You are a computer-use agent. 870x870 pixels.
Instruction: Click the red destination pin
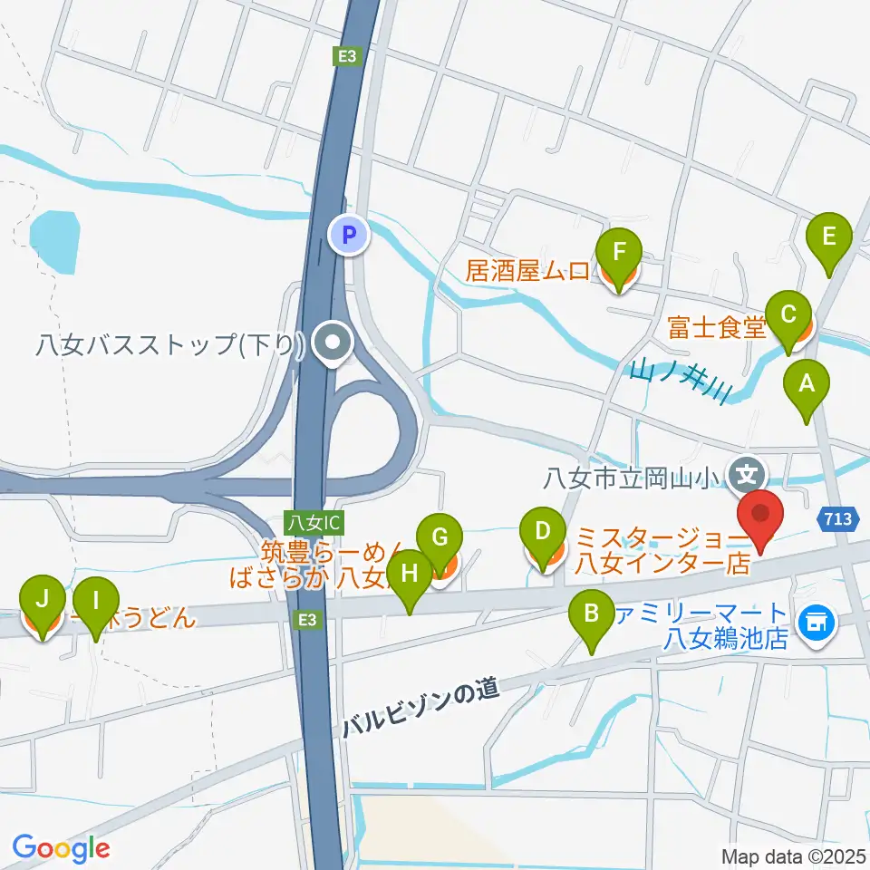[761, 519]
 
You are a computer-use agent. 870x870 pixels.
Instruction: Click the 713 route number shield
[839, 518]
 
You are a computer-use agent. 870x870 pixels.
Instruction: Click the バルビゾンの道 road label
[421, 710]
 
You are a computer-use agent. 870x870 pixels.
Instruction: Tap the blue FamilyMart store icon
[816, 622]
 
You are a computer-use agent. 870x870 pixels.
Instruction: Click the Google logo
[61, 848]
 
